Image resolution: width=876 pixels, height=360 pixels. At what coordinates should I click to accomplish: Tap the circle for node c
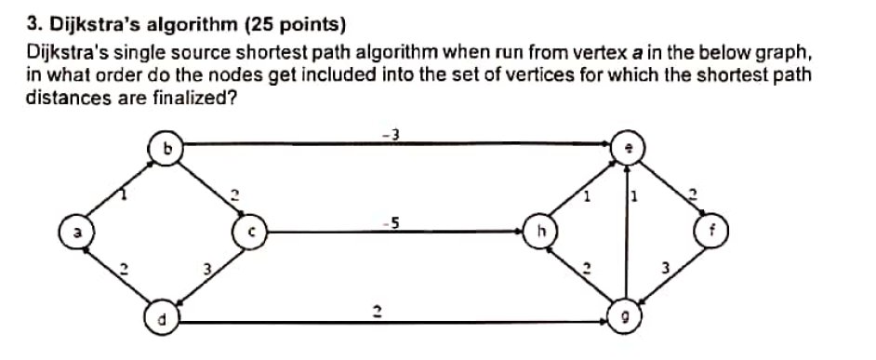pos(250,229)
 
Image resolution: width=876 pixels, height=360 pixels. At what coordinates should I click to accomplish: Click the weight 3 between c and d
pos(210,269)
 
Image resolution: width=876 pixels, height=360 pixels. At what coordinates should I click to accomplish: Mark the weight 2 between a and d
pos(122,268)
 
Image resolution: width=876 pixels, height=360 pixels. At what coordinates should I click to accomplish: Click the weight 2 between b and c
pos(234,194)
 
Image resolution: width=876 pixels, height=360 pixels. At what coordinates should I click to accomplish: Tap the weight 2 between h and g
pos(586,268)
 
